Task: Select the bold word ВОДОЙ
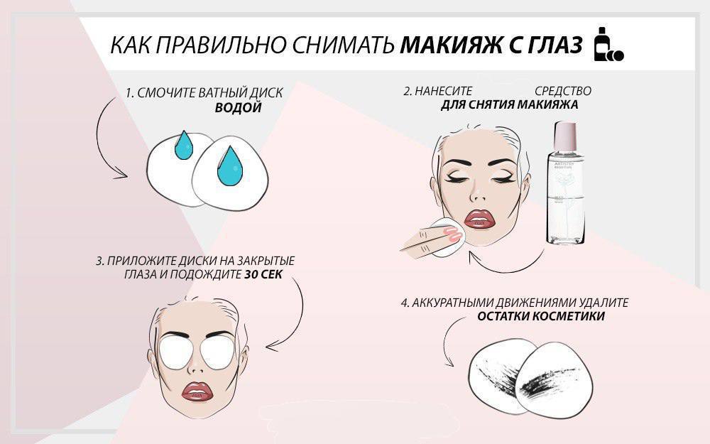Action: click(x=238, y=108)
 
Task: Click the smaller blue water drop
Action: click(x=184, y=145)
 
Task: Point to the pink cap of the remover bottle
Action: click(x=565, y=136)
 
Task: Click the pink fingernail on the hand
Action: click(x=453, y=233)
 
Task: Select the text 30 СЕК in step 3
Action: click(x=263, y=274)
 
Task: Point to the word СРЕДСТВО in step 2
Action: click(x=563, y=91)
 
